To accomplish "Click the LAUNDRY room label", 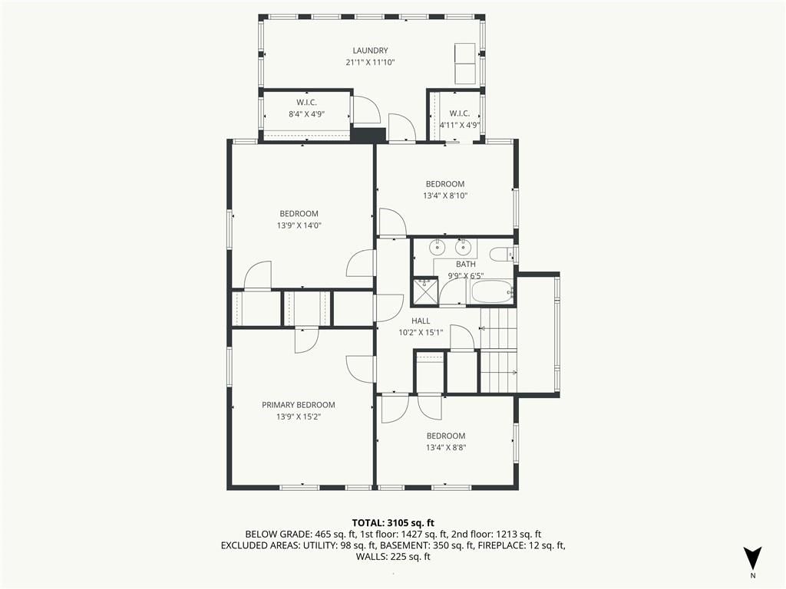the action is pos(370,51).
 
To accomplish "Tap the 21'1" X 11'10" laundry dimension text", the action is pos(370,63).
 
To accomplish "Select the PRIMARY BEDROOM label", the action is pos(299,405).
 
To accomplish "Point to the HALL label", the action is pos(421,321).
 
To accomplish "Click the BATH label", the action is pos(466,264).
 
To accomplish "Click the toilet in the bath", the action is pos(502,255).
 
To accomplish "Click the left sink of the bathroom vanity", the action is pos(438,247).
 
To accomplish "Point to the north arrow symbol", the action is pos(752,558).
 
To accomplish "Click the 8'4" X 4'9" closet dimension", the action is pos(306,114).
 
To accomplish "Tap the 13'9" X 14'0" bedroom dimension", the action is pos(299,225).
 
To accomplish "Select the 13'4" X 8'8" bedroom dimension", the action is pos(446,448).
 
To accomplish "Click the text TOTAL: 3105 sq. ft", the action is pos(392,523).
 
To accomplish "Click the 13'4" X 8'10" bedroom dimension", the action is pos(445,196).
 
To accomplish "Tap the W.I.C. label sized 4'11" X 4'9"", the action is pos(459,114).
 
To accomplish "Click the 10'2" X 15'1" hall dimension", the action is pos(421,332).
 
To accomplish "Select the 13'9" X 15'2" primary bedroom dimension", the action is pos(299,416).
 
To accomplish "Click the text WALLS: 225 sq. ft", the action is pos(393,557).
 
